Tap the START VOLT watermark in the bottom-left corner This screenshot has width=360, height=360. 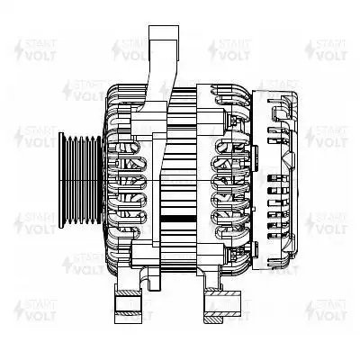click(32, 310)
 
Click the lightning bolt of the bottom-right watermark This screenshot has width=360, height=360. click(310, 310)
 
